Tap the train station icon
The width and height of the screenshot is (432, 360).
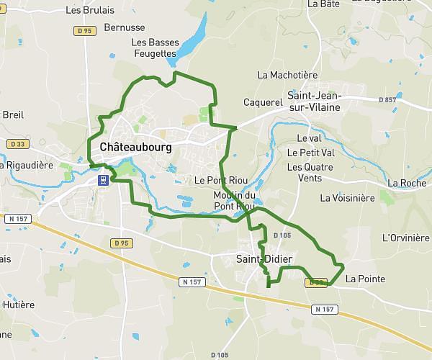pos(104,179)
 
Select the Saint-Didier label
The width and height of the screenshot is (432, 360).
pos(263,258)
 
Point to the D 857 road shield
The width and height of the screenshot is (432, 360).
pos(406,99)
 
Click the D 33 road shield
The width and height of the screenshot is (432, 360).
pos(18,144)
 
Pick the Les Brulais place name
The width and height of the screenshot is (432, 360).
pos(89,11)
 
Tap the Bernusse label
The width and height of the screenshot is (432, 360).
pos(124,28)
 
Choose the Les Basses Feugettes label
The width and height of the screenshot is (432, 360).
pos(154,48)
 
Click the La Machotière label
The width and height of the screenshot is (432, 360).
pos(287,75)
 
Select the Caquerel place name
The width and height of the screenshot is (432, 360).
pos(263,102)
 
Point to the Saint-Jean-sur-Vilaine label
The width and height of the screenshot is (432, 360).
pos(314,101)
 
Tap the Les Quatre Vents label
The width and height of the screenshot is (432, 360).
pos(305,172)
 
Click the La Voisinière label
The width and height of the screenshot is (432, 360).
pos(347,198)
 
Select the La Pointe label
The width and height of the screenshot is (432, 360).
pos(365,279)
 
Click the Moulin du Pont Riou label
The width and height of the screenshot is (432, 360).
pos(235,201)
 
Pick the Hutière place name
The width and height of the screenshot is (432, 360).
pos(19,305)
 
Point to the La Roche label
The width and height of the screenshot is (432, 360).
pos(406,184)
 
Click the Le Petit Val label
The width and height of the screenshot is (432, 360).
pos(311,153)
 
